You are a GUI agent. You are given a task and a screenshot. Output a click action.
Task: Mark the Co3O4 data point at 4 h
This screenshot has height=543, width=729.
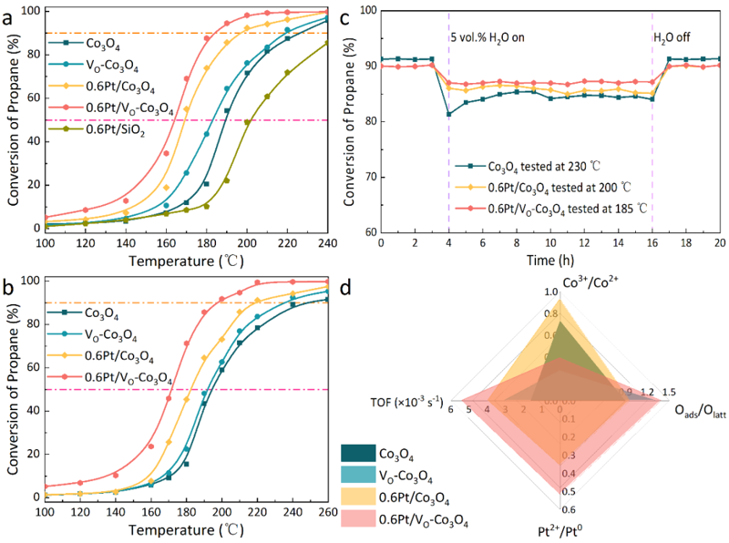pos(449,114)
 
